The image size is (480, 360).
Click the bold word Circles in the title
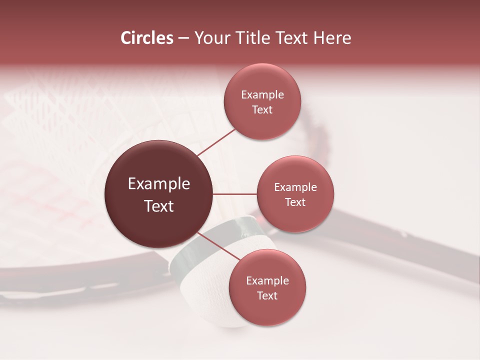[x=147, y=38]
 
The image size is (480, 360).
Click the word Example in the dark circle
[x=159, y=184]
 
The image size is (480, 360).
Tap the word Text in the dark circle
[x=159, y=206]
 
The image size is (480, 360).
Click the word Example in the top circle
[x=262, y=94]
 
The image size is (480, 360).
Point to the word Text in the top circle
[x=262, y=109]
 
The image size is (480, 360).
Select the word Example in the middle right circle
[x=295, y=187]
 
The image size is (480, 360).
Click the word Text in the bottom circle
[x=267, y=295]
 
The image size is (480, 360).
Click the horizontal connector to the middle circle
[x=235, y=194]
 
